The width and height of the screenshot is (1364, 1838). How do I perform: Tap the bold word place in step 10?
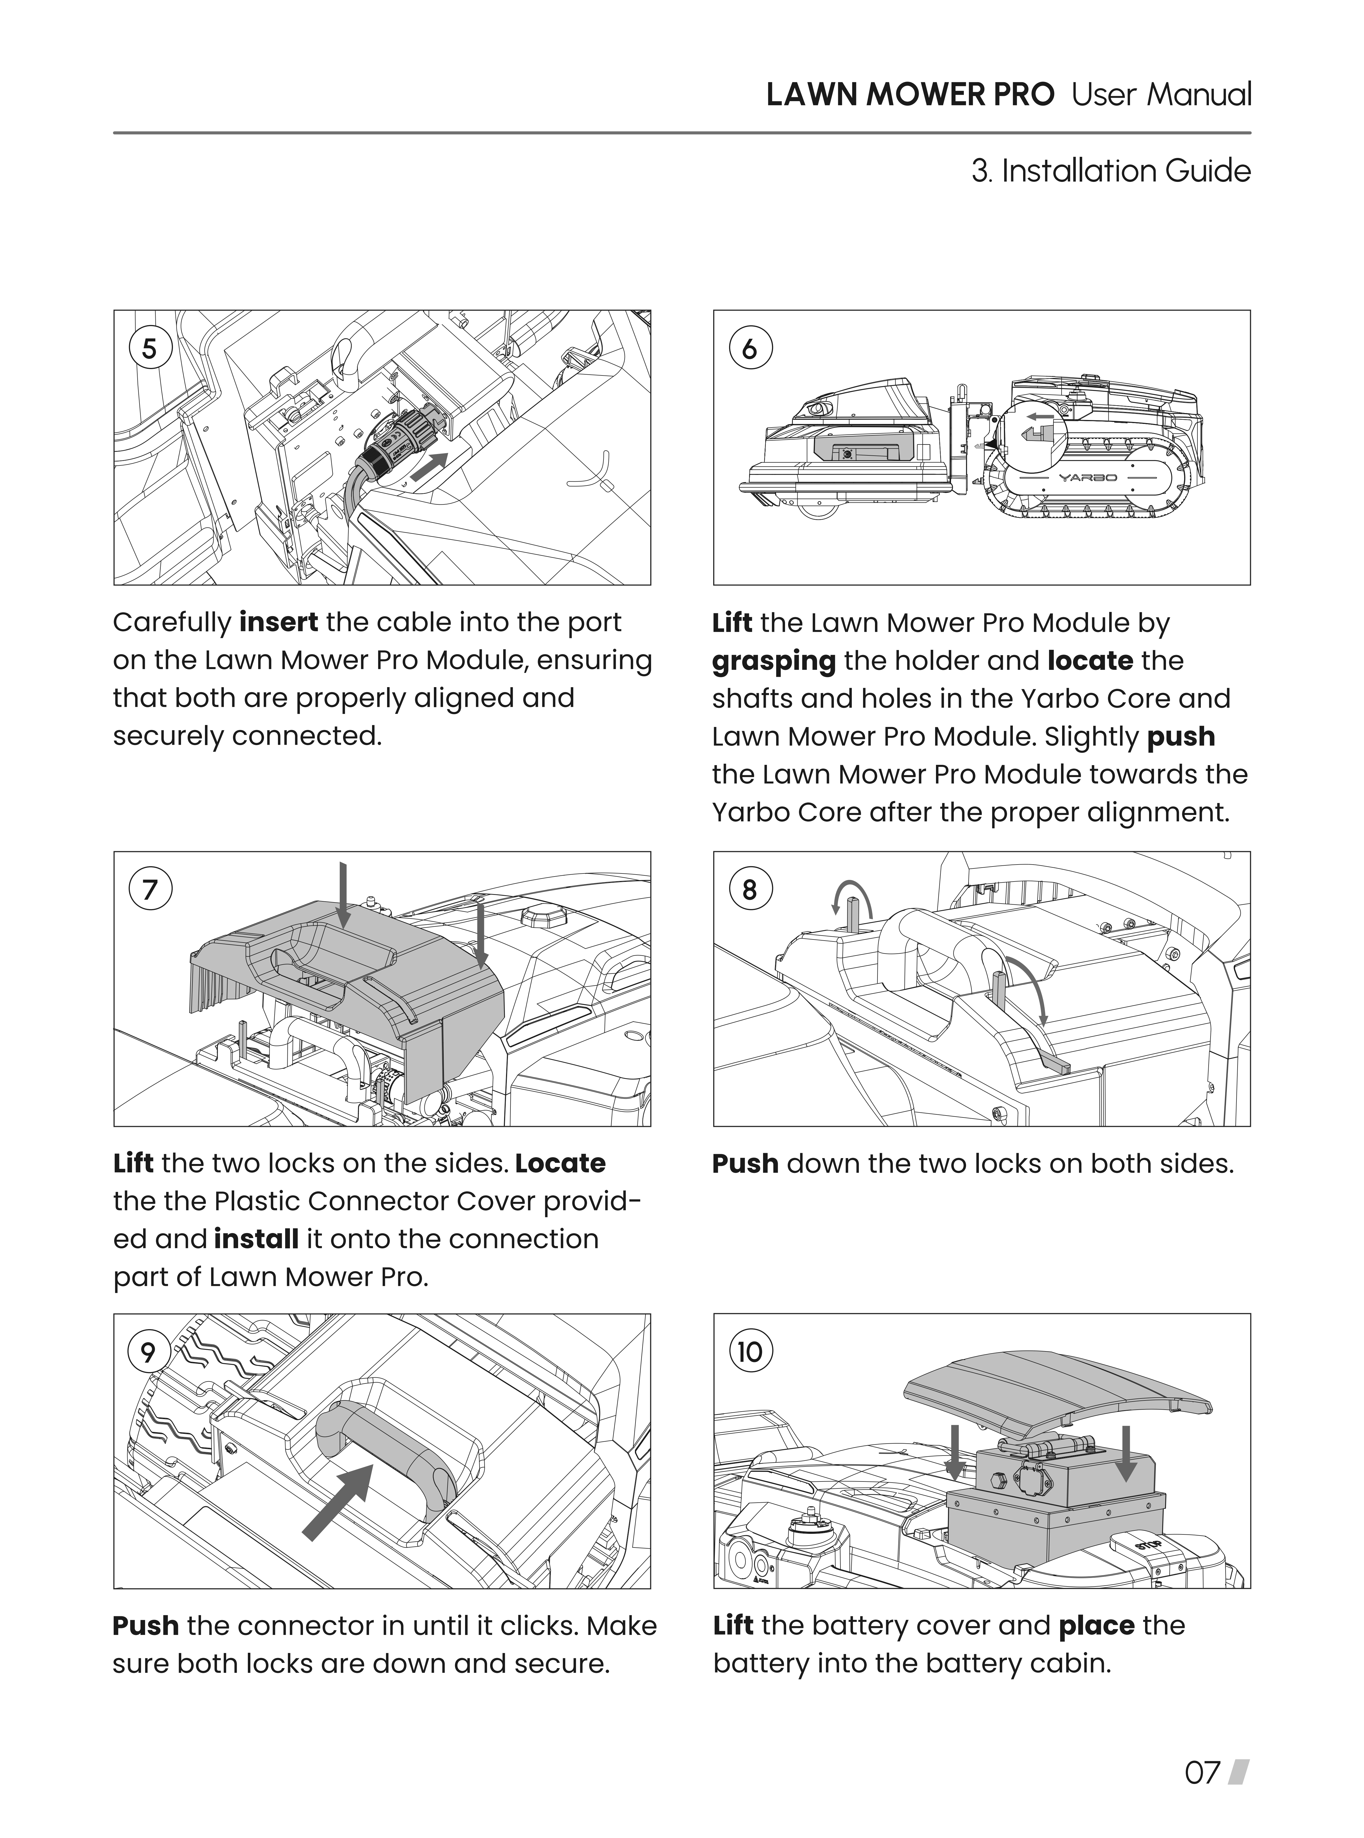pos(1096,1626)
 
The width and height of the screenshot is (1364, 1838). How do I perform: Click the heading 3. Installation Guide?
pos(1111,171)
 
